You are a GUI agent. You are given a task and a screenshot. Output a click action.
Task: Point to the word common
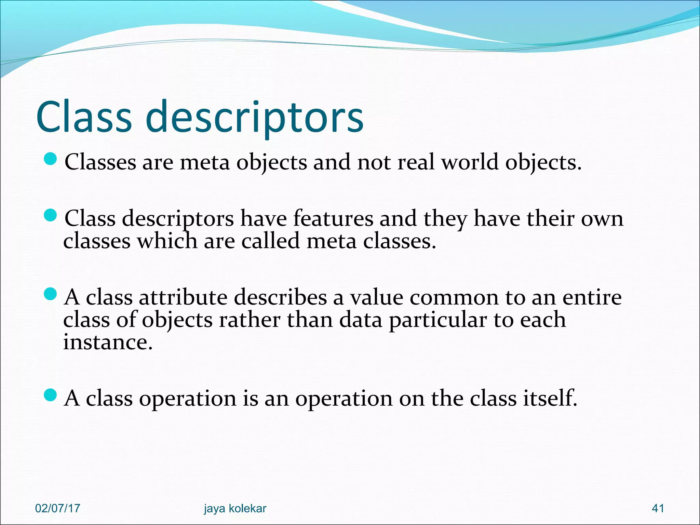tap(454, 297)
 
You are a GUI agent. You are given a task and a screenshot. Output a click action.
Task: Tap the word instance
tap(108, 342)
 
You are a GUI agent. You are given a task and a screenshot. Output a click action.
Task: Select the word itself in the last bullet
tap(550, 398)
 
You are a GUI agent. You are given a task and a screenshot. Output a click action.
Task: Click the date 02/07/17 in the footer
tap(57, 508)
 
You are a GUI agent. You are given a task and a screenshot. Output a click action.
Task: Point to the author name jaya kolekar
tap(235, 508)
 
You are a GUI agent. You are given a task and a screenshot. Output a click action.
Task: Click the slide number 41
tap(658, 508)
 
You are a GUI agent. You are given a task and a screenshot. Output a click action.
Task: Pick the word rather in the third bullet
tap(250, 320)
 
